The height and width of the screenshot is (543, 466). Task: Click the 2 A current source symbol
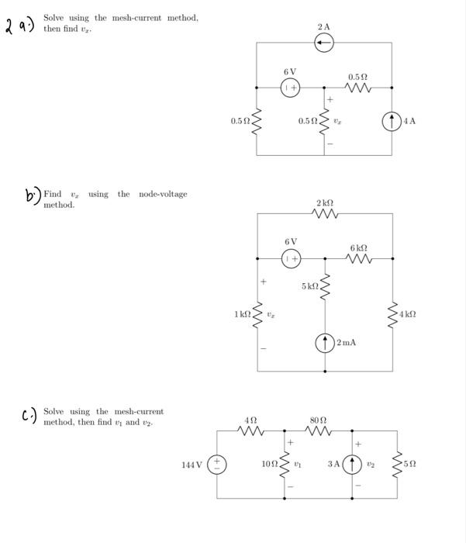[324, 43]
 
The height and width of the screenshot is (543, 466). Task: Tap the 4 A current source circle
[392, 121]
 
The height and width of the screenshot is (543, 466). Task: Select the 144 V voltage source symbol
[216, 465]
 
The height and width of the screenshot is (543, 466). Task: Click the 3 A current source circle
[354, 465]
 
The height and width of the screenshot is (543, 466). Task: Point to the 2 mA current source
[324, 341]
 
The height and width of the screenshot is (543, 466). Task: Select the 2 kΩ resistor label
[324, 202]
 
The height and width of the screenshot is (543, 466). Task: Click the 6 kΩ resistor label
[357, 247]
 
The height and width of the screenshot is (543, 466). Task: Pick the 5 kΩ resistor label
[309, 287]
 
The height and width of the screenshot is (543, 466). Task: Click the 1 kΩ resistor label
[242, 313]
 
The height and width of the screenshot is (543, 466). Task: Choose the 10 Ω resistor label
[269, 465]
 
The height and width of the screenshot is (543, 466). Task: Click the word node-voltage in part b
[163, 194]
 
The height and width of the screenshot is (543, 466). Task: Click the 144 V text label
[191, 465]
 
